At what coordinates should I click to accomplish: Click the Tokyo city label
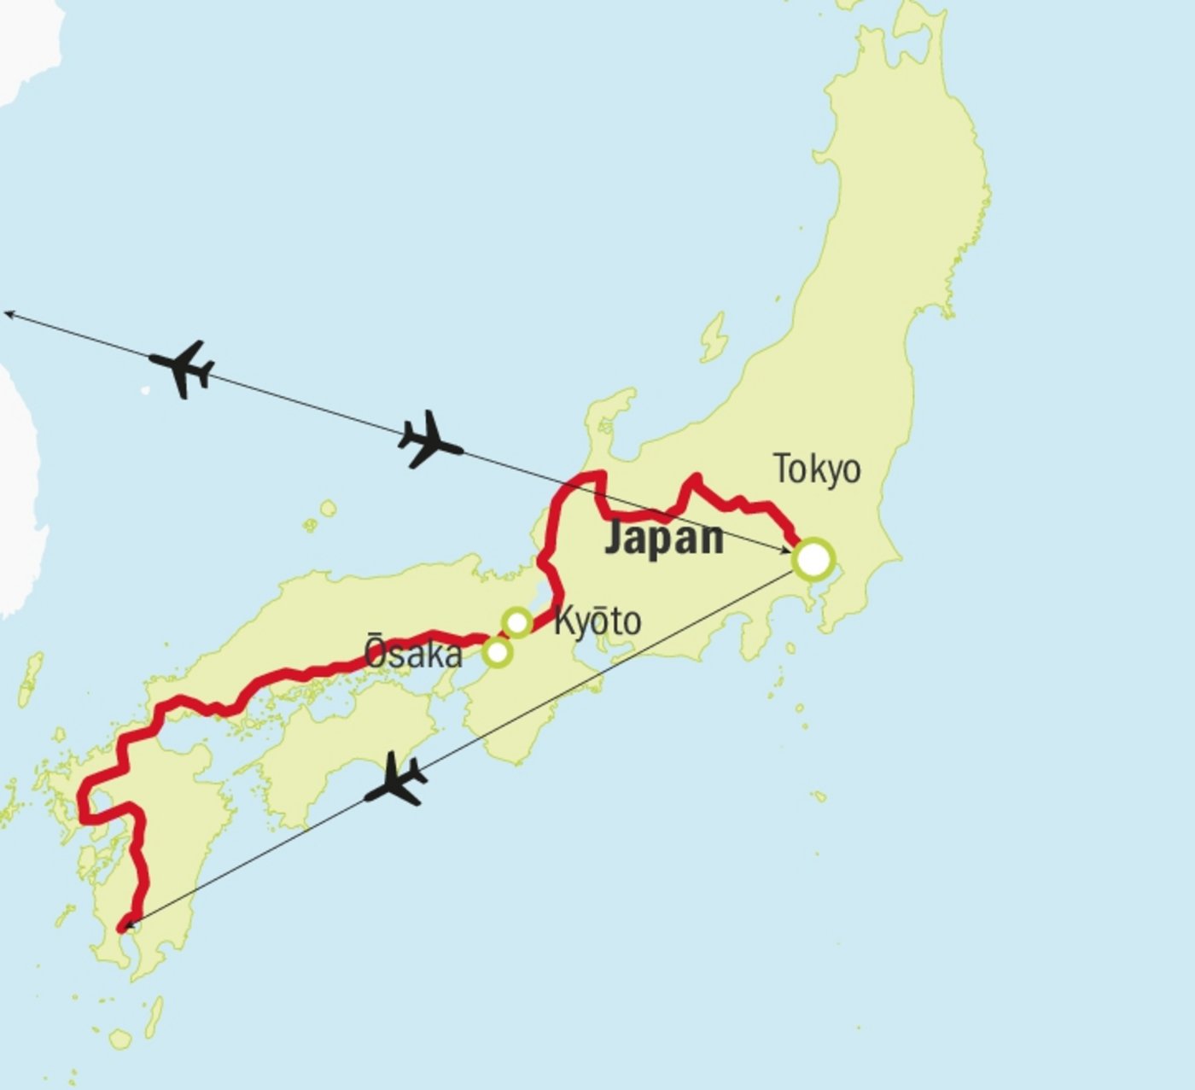(817, 469)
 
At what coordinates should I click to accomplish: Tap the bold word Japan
(664, 539)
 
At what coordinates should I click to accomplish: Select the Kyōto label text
(597, 622)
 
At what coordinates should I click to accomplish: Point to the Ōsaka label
(414, 654)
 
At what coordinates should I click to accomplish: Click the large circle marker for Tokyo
(813, 560)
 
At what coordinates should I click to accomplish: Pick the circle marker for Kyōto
(517, 622)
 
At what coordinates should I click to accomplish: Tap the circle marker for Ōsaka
(497, 653)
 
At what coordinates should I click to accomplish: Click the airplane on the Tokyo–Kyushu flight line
(395, 780)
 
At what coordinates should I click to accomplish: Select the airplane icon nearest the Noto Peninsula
(429, 440)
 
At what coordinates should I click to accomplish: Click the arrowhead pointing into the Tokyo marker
(787, 551)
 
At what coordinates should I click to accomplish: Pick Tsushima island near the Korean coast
(32, 675)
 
